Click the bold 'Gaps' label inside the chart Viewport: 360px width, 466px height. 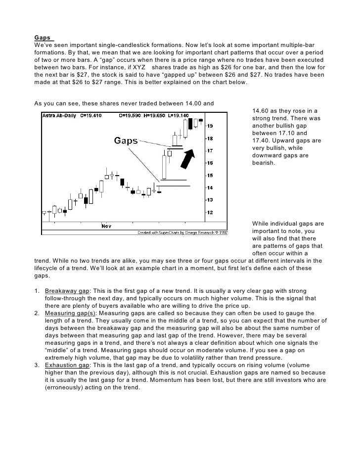[126, 141]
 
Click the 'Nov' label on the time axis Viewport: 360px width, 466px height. [106, 226]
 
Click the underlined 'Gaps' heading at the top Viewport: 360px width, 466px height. [43, 37]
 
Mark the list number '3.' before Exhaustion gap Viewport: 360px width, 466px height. [37, 365]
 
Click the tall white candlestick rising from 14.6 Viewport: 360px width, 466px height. [164, 167]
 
